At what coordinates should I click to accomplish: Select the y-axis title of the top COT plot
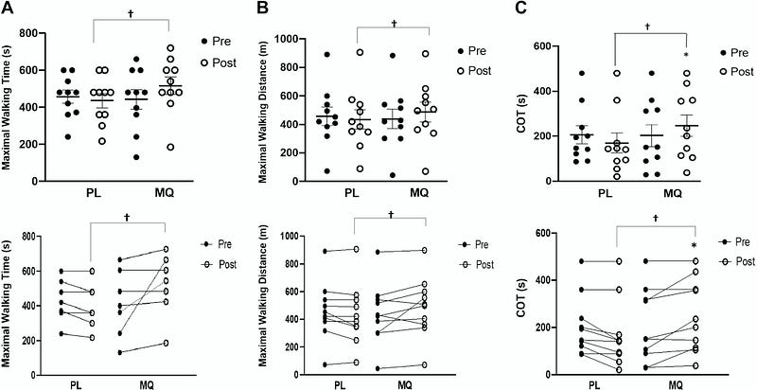pyautogui.click(x=521, y=113)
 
